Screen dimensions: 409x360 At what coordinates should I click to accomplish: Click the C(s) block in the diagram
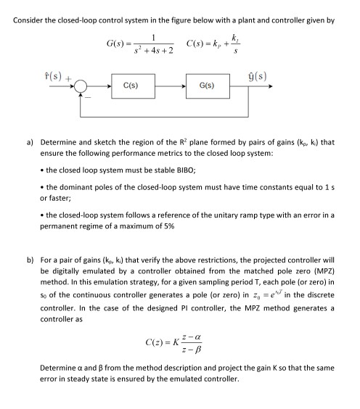tap(132, 86)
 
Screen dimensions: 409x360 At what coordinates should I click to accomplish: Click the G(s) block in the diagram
tap(206, 86)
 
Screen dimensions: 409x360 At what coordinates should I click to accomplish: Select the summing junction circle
tap(68, 86)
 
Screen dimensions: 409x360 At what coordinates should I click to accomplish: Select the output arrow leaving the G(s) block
tap(255, 86)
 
